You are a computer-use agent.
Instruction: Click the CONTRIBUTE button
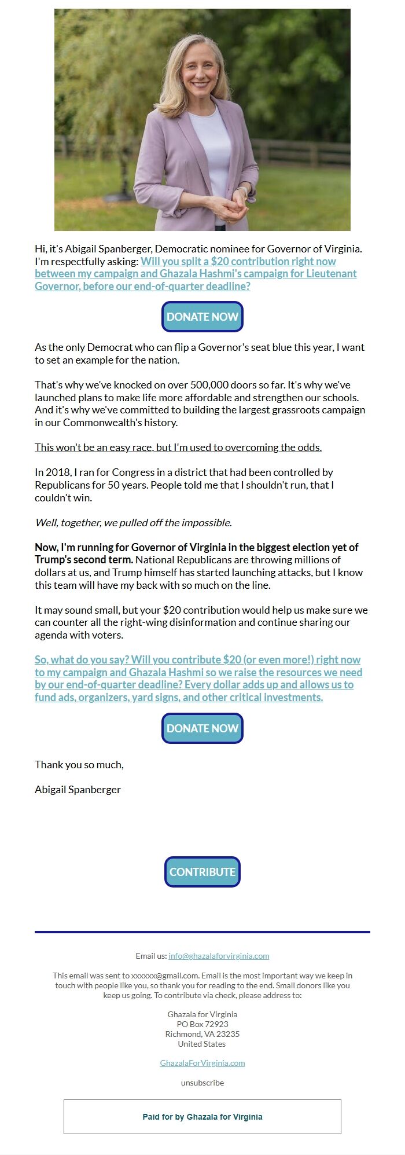pyautogui.click(x=202, y=872)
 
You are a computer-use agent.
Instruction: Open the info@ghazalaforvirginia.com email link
pyautogui.click(x=219, y=956)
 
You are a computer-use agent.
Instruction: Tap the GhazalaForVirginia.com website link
pyautogui.click(x=202, y=1063)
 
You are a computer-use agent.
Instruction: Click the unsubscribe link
pyautogui.click(x=202, y=1083)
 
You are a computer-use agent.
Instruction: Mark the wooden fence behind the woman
pyautogui.click(x=301, y=152)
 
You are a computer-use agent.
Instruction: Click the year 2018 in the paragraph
pyautogui.click(x=58, y=472)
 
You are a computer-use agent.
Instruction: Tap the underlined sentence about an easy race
pyautogui.click(x=178, y=448)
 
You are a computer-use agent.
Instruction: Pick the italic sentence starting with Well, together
pyautogui.click(x=133, y=523)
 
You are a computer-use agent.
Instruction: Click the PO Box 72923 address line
pyautogui.click(x=202, y=1024)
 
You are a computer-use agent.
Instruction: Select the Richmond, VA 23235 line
pyautogui.click(x=202, y=1034)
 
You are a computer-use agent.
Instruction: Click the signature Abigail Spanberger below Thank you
pyautogui.click(x=78, y=790)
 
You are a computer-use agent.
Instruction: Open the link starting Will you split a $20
pyautogui.click(x=196, y=274)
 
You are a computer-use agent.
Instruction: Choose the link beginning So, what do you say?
pyautogui.click(x=198, y=679)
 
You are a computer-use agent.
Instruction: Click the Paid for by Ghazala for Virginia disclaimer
pyautogui.click(x=202, y=1117)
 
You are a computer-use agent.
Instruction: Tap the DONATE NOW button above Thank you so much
pyautogui.click(x=202, y=728)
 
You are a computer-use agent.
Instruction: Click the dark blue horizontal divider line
pyautogui.click(x=202, y=932)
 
